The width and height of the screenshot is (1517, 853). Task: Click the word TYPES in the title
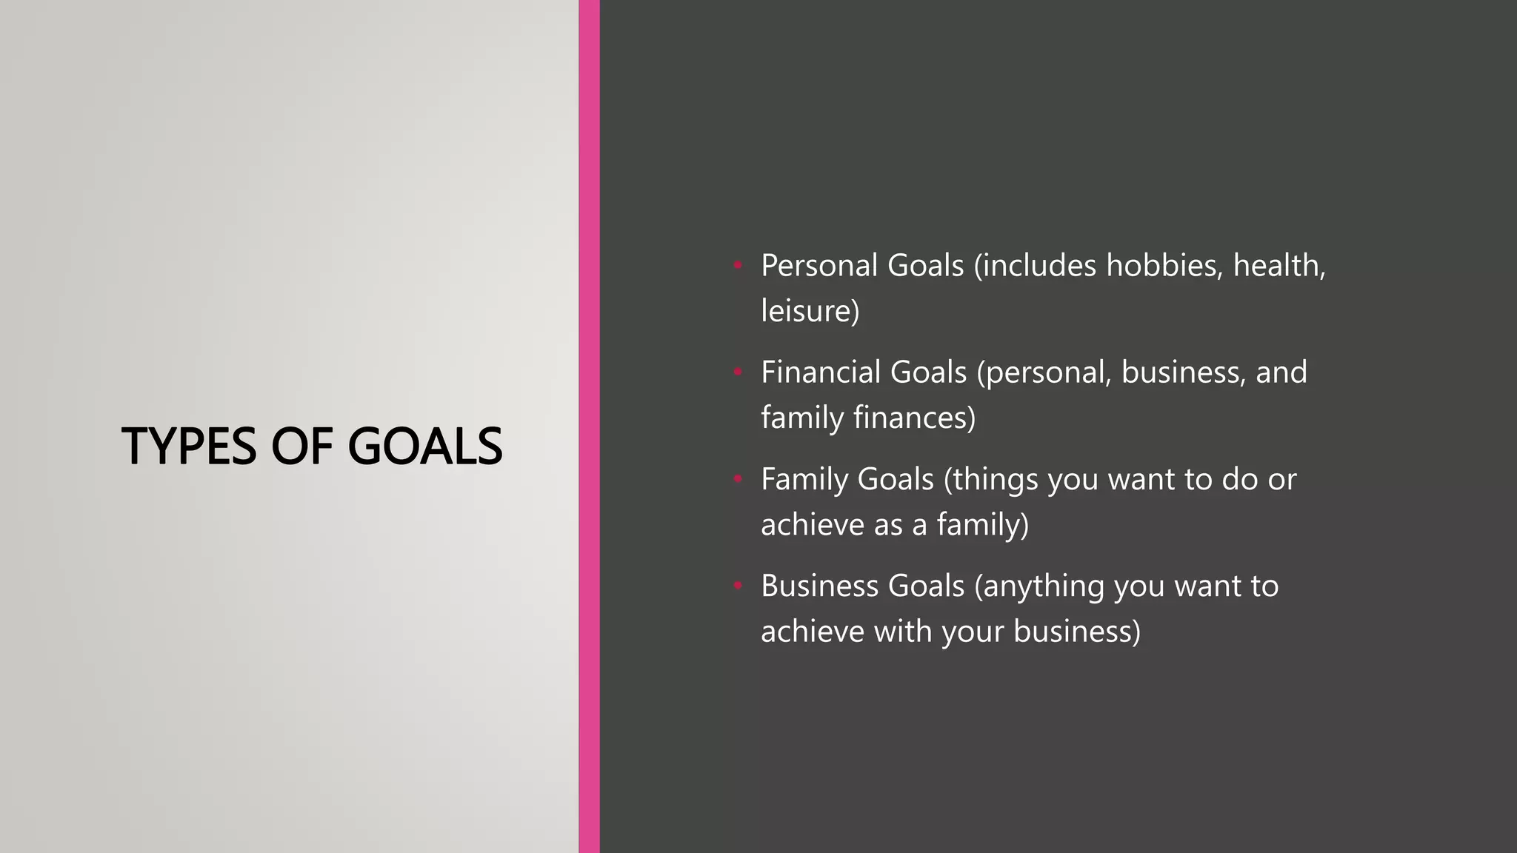coord(189,446)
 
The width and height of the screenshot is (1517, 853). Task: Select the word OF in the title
coord(301,446)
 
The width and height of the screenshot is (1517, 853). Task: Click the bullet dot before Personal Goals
coord(738,264)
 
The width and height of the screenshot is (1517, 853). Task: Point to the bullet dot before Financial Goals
coord(738,372)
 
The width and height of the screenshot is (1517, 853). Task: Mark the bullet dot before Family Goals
coord(738,479)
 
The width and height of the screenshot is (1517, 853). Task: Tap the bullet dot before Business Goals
coord(738,586)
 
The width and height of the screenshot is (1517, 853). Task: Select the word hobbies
coord(1164,265)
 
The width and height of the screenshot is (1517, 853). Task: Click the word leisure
coord(810,310)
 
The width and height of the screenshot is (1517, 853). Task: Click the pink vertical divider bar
coord(589,426)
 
